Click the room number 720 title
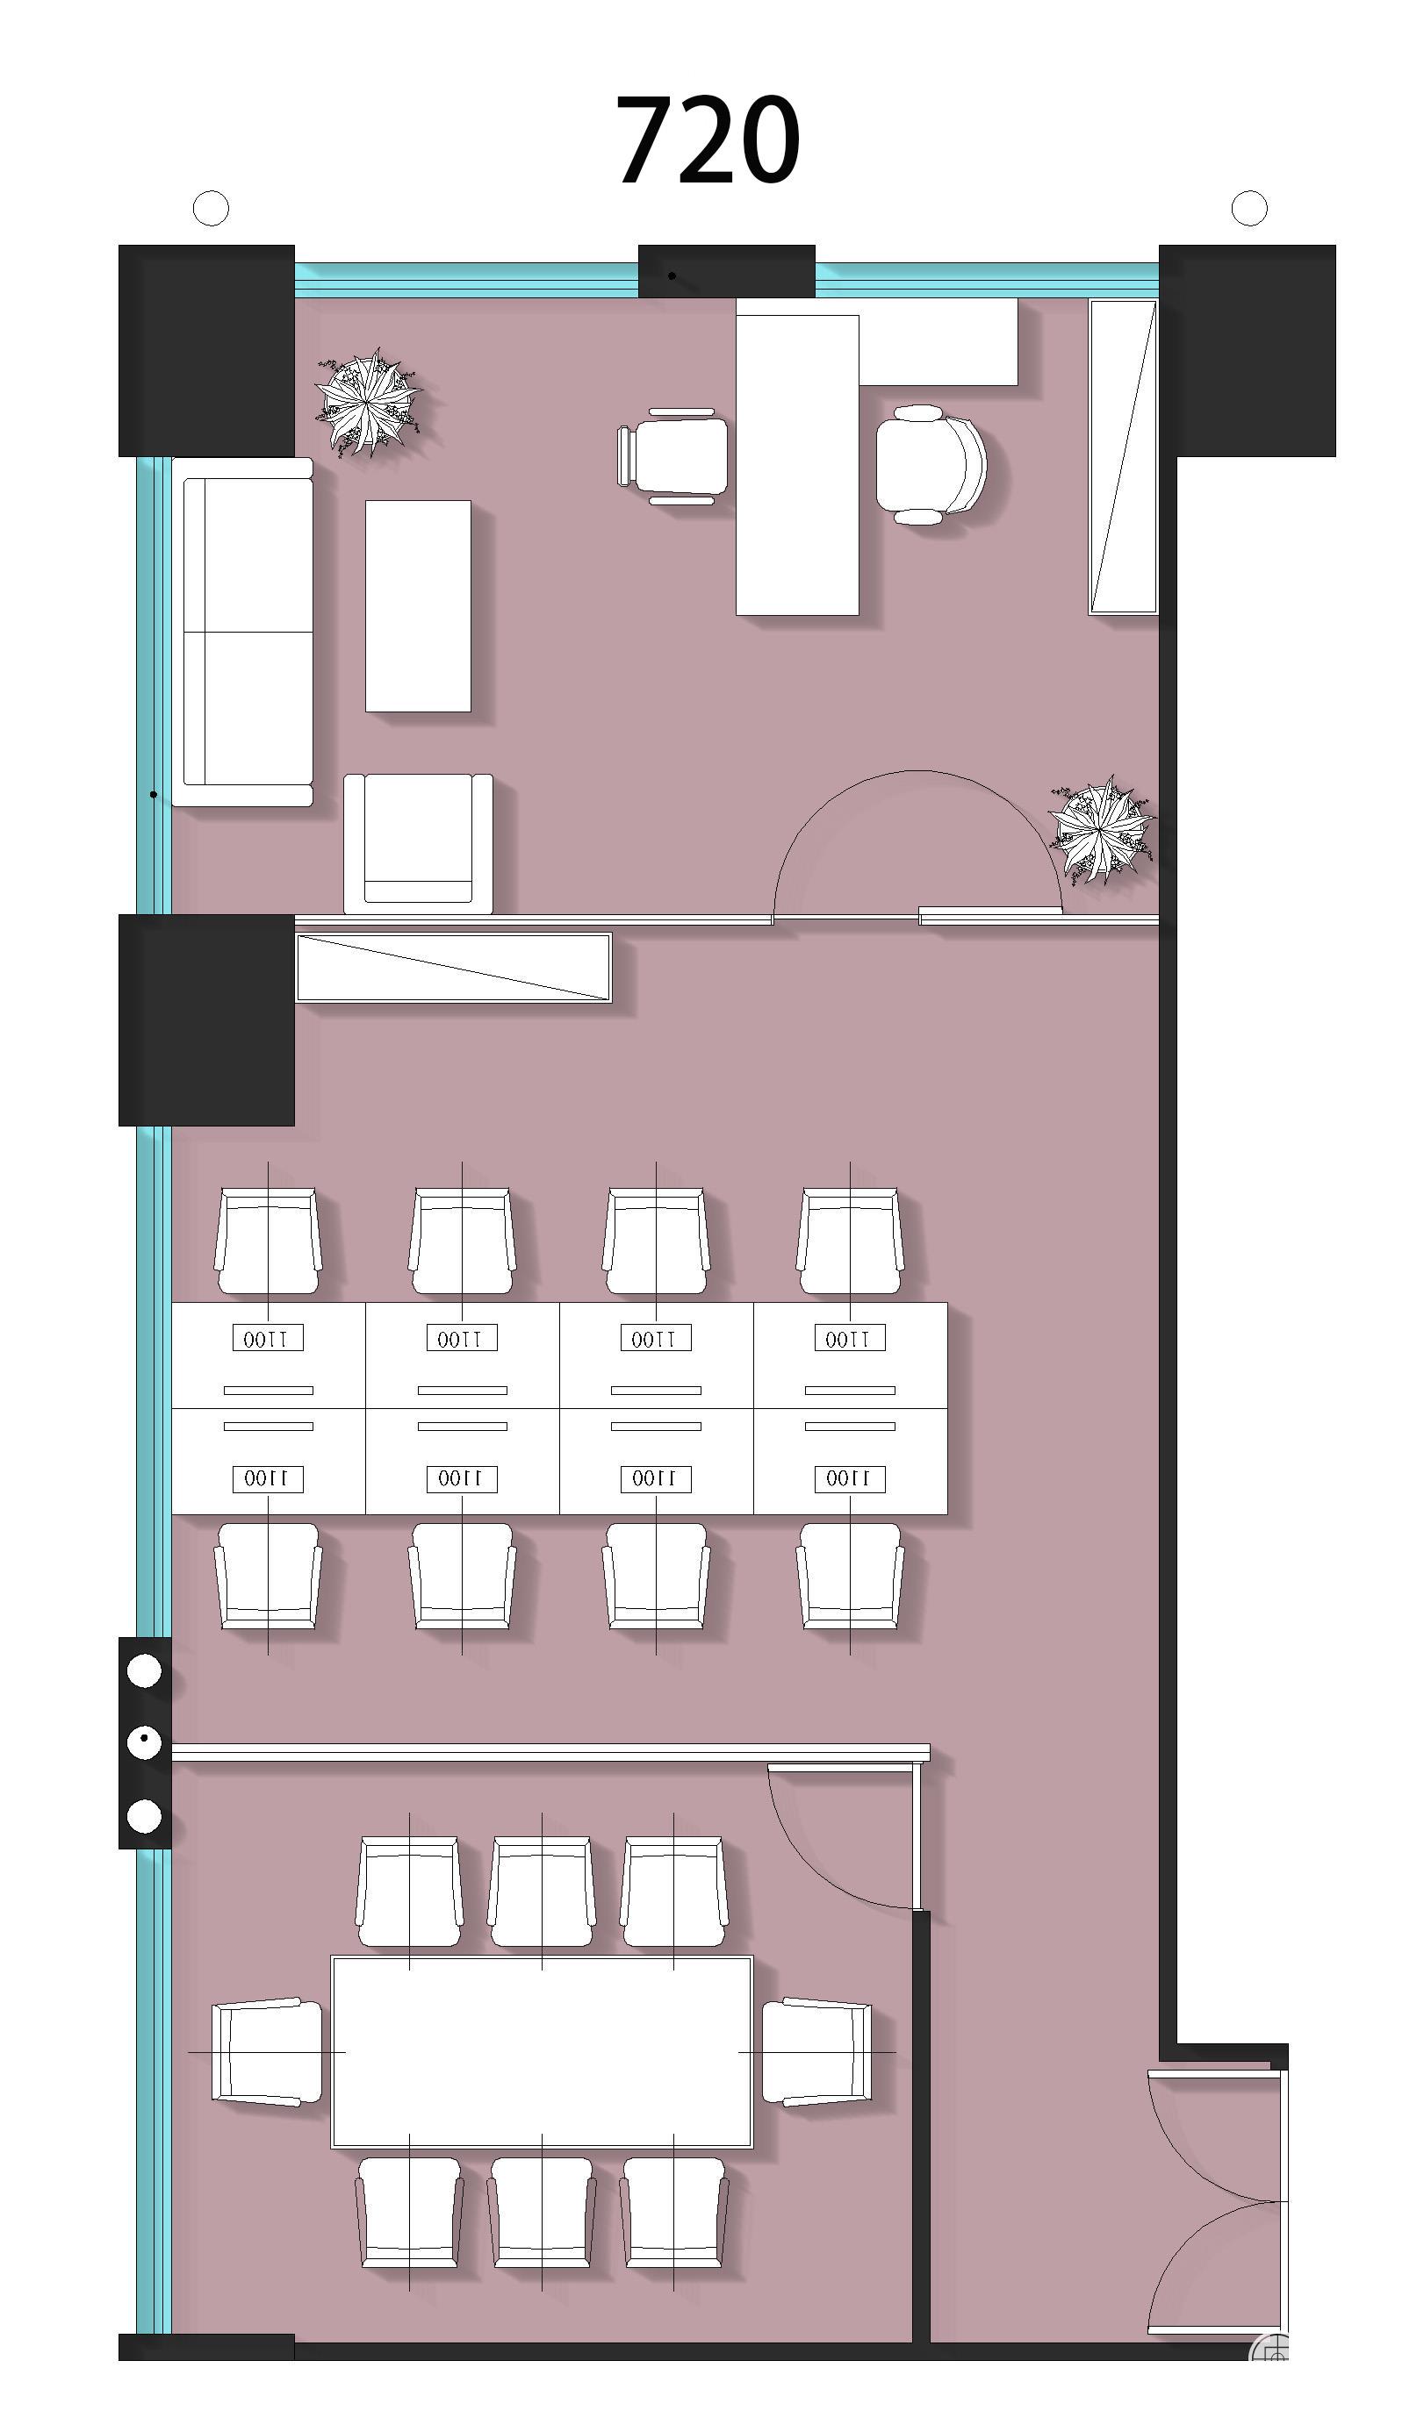708,140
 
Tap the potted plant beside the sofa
369,402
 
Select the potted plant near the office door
1102,829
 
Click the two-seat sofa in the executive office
248,632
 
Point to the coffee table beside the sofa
418,606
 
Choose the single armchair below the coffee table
418,842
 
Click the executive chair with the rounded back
931,465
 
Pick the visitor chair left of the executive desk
672,456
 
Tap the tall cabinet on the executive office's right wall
1123,456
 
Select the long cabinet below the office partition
454,967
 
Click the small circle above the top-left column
212,207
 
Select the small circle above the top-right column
1249,207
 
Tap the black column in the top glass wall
726,271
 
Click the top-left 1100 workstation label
268,1338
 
